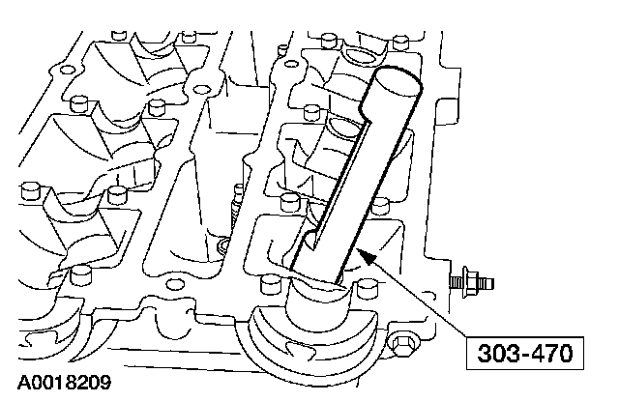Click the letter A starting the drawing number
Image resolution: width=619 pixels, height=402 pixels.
tap(20, 382)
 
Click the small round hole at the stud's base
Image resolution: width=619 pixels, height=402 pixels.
tap(225, 244)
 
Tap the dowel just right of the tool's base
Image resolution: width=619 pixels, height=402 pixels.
tap(365, 288)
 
